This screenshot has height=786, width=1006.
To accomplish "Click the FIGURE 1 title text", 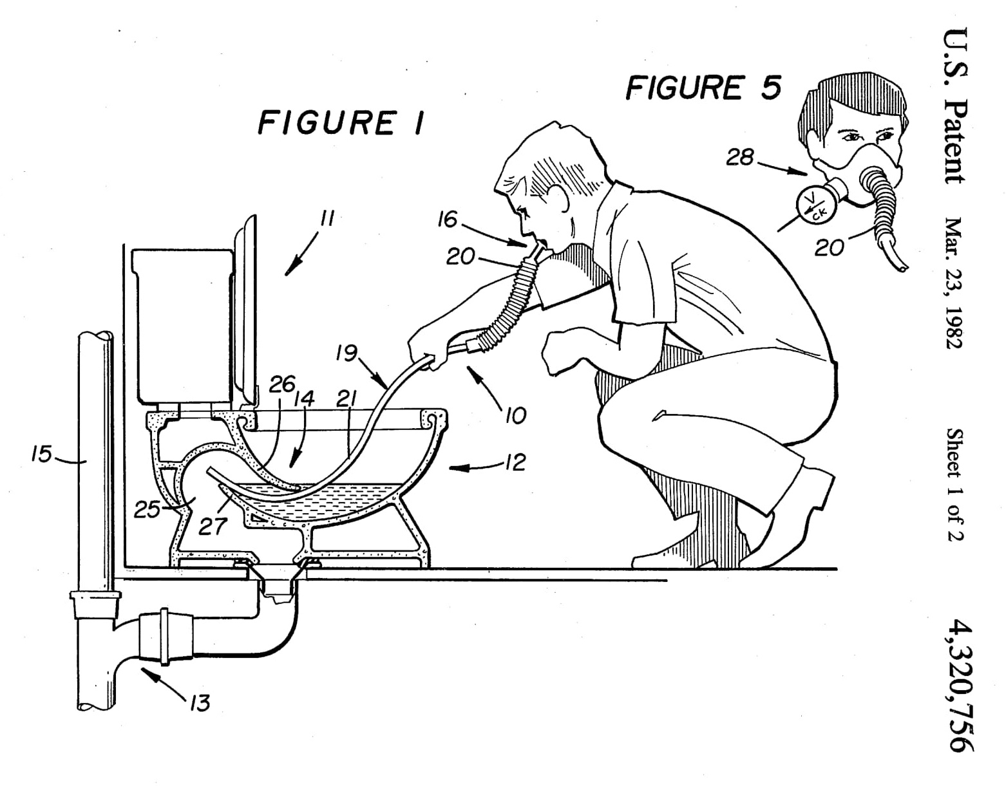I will click(x=341, y=122).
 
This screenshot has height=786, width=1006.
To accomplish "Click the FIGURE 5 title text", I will click(x=703, y=87).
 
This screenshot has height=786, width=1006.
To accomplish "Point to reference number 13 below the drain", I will click(x=200, y=702).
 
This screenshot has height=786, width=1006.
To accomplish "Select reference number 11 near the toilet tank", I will click(x=327, y=219).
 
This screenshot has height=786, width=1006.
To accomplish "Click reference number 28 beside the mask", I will click(x=740, y=156).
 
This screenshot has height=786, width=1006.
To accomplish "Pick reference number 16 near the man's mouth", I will click(x=447, y=220).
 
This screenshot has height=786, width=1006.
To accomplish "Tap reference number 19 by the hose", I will click(x=346, y=353).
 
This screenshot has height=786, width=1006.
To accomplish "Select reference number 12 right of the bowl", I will click(x=516, y=462).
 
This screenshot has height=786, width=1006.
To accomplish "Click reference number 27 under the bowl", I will click(x=213, y=526).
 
